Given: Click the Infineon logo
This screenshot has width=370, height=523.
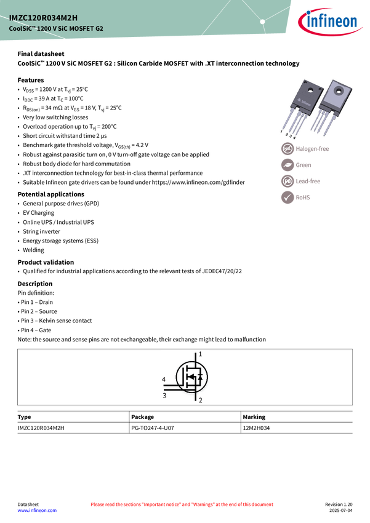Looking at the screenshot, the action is [x=329, y=22].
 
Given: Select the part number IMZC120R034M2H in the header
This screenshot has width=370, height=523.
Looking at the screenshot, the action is [x=43, y=18].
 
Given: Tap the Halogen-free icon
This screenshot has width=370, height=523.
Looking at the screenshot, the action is [x=288, y=149].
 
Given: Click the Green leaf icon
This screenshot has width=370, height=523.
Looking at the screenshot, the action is [x=288, y=165].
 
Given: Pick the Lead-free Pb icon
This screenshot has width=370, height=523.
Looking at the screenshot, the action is [x=288, y=181].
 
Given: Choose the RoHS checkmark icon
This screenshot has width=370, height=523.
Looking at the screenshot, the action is [x=288, y=198].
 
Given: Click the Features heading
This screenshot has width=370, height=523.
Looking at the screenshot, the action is [x=31, y=80].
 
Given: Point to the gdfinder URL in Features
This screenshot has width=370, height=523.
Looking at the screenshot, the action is [x=198, y=183].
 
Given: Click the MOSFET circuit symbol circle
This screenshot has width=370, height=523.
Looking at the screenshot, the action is [x=191, y=377].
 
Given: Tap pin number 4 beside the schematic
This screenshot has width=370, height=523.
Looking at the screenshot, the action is [x=164, y=379].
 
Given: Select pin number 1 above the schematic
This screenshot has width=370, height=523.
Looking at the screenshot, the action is [x=200, y=354].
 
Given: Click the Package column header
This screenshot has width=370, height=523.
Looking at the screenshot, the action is [x=142, y=417].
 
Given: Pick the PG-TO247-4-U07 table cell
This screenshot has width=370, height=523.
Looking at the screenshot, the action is [x=153, y=428].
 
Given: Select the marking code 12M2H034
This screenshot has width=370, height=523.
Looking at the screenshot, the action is [x=256, y=428].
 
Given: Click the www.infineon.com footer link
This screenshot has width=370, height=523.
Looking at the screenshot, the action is [x=37, y=510].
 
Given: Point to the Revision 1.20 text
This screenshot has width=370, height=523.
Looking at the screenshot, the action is [x=339, y=505].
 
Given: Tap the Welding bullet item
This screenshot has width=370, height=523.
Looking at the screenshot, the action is [x=33, y=250].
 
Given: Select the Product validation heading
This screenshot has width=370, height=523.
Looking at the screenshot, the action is [x=46, y=262].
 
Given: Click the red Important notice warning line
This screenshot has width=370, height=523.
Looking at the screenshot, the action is [x=182, y=505].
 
